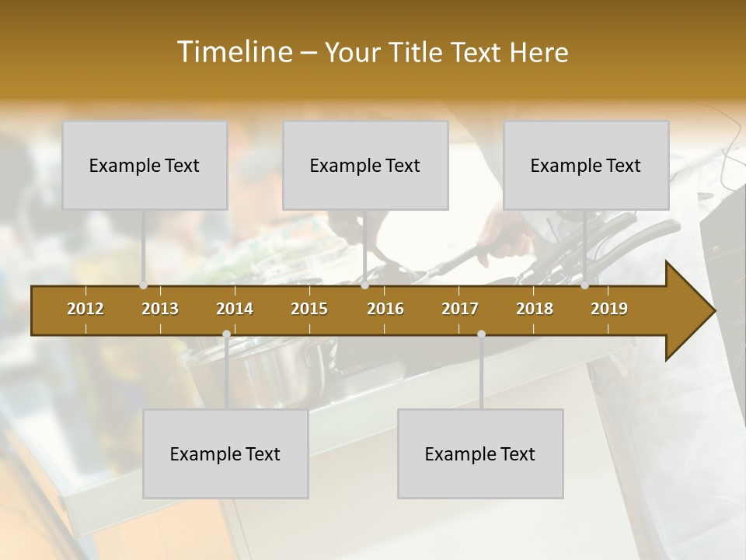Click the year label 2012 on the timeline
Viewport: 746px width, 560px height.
pos(85,309)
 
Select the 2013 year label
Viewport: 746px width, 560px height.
pos(160,309)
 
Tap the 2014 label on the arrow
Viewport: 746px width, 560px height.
pos(235,309)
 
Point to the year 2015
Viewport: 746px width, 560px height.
pos(309,309)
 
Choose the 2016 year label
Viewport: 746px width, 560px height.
pos(385,309)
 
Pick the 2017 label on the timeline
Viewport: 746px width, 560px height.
pos(460,309)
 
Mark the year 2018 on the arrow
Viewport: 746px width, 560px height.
pos(535,309)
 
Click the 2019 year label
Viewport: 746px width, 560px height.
pos(609,309)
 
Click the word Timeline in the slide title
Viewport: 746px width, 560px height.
pos(233,52)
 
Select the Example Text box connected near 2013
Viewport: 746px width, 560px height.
pos(145,165)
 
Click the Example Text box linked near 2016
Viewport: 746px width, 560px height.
pos(365,165)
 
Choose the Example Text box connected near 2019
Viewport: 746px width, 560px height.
pos(586,165)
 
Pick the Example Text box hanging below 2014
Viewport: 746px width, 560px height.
pos(225,453)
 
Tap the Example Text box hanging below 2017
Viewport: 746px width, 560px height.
pos(480,453)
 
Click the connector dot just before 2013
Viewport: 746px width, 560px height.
pos(143,285)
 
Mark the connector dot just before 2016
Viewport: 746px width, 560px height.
pos(364,285)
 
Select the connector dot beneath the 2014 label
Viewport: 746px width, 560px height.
pos(226,334)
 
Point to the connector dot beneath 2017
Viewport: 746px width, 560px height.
pos(481,334)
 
